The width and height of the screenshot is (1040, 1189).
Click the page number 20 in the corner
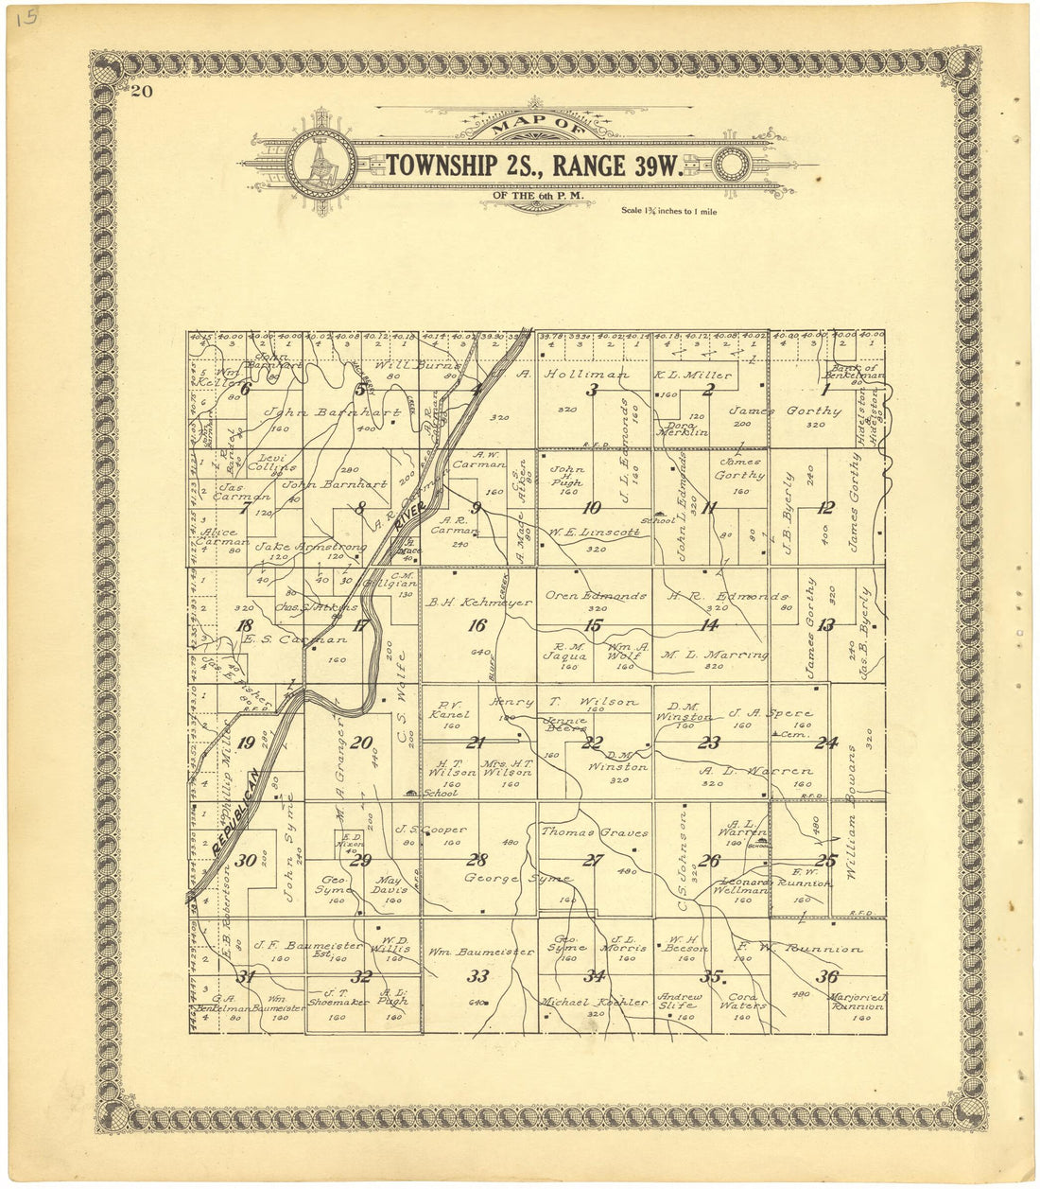pyautogui.click(x=142, y=92)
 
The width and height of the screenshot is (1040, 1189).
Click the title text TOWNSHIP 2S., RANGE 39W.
pyautogui.click(x=534, y=166)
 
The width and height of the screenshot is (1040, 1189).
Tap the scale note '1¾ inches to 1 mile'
pyautogui.click(x=669, y=211)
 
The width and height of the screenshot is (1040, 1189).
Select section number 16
pyautogui.click(x=477, y=625)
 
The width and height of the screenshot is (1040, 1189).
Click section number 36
pyautogui.click(x=828, y=977)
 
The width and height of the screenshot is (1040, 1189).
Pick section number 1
pyautogui.click(x=824, y=389)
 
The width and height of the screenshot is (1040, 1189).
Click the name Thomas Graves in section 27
pyautogui.click(x=594, y=832)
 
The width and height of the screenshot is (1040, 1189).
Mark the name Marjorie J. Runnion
pyautogui.click(x=857, y=1002)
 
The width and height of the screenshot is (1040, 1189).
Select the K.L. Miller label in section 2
pyautogui.click(x=707, y=376)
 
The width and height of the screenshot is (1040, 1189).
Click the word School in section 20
pyautogui.click(x=441, y=794)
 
